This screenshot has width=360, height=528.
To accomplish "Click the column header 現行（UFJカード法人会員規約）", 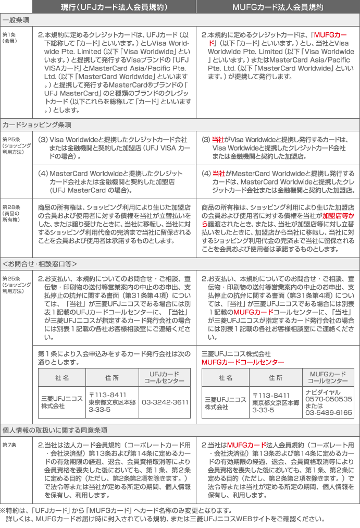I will (x=114, y=7).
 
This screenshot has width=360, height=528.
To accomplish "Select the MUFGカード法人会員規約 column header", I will (x=278, y=7).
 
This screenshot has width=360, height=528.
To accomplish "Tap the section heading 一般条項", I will (x=16, y=20).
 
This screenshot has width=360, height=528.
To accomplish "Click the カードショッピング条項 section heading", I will (x=37, y=125).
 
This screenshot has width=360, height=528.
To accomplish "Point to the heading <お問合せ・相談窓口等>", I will (x=40, y=263).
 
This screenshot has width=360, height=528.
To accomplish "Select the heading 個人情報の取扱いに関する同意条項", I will (x=55, y=430).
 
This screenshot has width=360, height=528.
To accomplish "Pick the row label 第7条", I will (x=9, y=446).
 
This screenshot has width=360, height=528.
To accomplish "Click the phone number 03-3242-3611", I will (x=165, y=402).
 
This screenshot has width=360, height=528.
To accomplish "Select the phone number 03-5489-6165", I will (x=329, y=413).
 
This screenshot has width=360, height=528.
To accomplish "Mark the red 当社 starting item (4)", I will (x=219, y=173).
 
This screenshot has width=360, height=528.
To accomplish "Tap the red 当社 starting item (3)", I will (x=218, y=140).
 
